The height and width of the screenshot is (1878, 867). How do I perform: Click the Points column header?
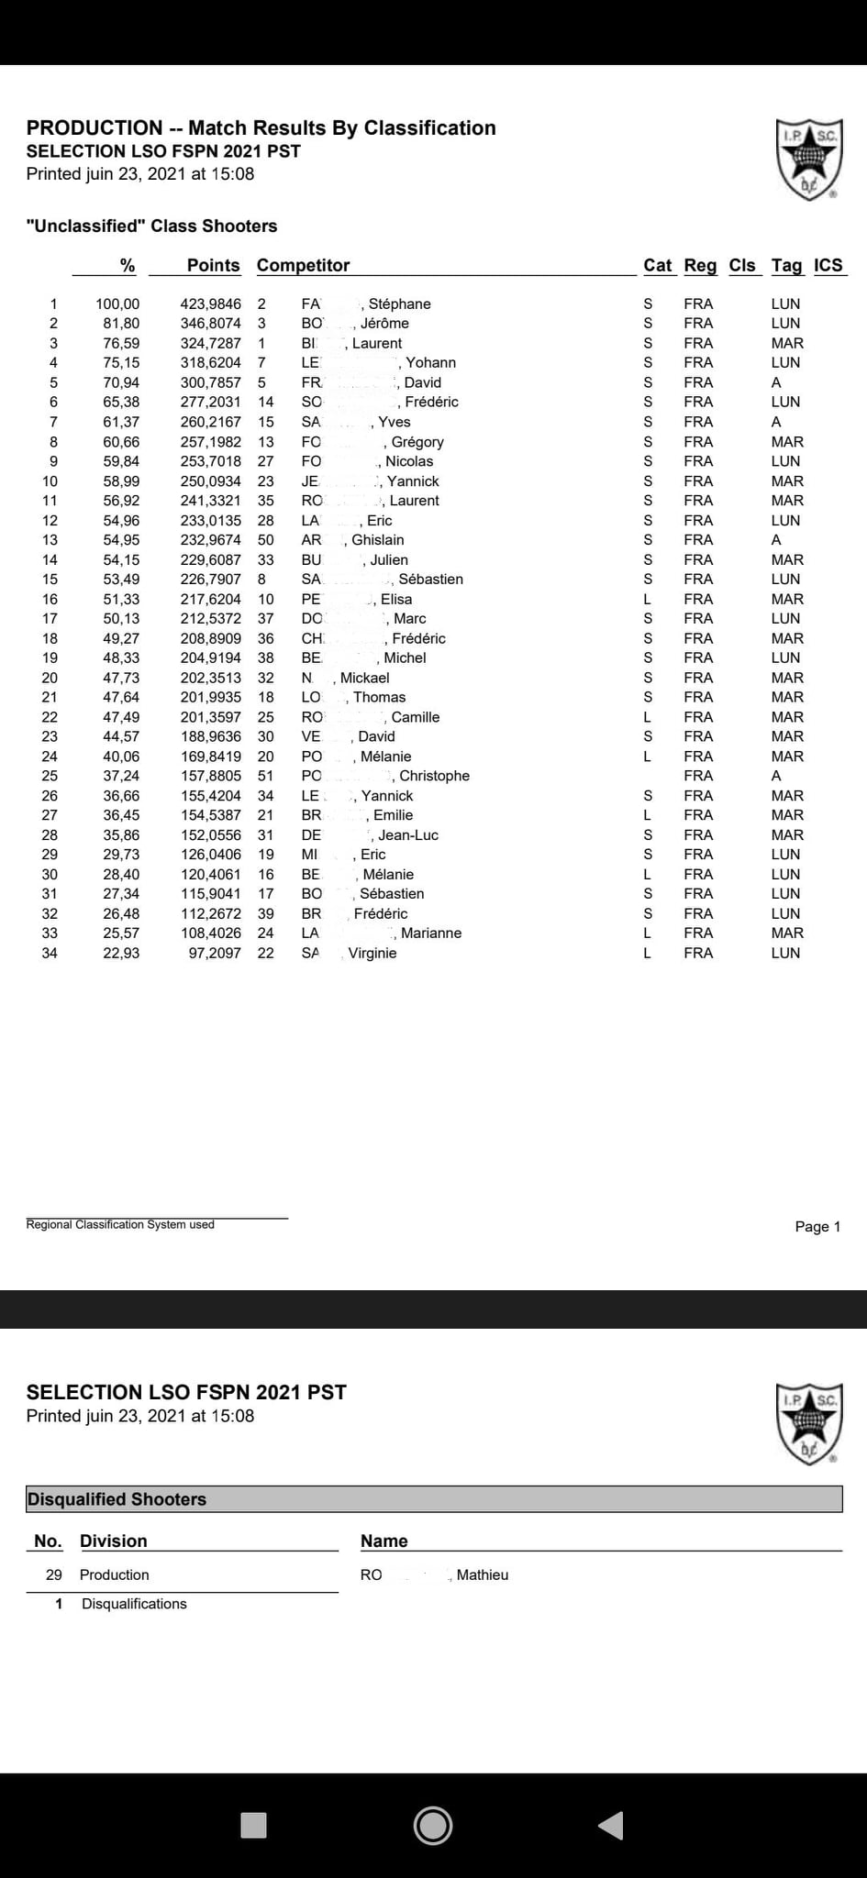213,265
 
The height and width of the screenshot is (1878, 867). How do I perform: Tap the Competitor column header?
303,265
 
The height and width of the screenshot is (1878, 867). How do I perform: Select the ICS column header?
828,265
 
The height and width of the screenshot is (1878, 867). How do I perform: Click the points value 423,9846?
210,304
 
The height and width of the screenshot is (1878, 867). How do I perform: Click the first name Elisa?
396,599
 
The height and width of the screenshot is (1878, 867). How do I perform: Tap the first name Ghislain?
378,540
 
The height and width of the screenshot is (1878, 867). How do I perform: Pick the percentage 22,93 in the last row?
121,953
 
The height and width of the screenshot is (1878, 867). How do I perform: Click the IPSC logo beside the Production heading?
808,159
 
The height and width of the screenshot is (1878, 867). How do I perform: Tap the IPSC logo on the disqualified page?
808,1423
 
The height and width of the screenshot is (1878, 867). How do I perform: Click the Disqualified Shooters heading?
117,1499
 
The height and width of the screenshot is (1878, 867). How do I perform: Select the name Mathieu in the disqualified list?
483,1574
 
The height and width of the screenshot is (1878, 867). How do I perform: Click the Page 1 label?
817,1227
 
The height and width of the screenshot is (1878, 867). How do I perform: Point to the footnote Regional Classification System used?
120,1225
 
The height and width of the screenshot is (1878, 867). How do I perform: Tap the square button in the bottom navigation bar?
253,1825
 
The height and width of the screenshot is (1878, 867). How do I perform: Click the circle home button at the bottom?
433,1825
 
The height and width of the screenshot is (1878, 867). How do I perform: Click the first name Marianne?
431,933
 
